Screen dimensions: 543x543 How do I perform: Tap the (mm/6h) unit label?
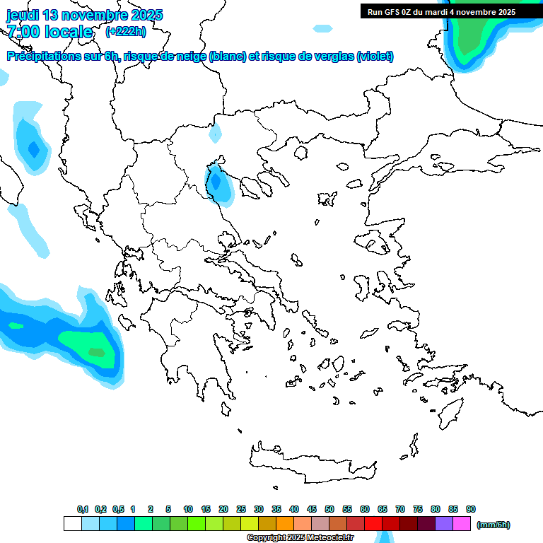[494, 525]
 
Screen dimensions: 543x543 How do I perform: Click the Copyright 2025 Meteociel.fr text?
[300, 538]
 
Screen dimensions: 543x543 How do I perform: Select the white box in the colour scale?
[72, 524]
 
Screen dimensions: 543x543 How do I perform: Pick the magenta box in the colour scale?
[462, 524]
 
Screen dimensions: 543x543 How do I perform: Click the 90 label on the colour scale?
[471, 509]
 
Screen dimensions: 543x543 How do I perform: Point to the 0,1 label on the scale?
[82, 509]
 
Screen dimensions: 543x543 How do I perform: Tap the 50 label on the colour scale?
[329, 509]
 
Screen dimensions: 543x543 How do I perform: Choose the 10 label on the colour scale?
[188, 509]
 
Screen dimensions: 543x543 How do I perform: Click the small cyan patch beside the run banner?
[322, 28]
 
